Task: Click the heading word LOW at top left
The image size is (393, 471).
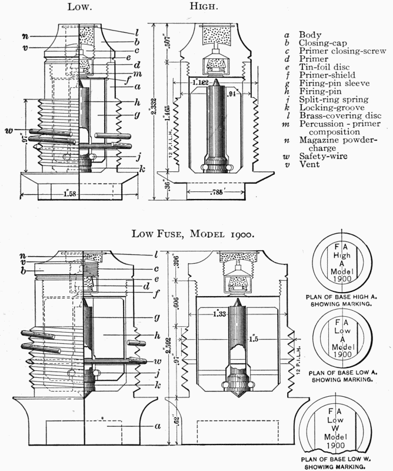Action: (80, 8)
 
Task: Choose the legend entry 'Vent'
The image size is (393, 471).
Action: (308, 164)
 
